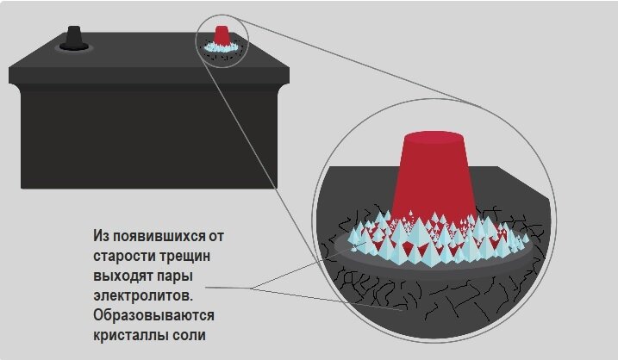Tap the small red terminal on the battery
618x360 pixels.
(x=222, y=34)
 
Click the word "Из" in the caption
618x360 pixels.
(x=102, y=235)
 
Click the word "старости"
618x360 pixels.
(x=124, y=255)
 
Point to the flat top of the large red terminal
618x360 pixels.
(x=437, y=137)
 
